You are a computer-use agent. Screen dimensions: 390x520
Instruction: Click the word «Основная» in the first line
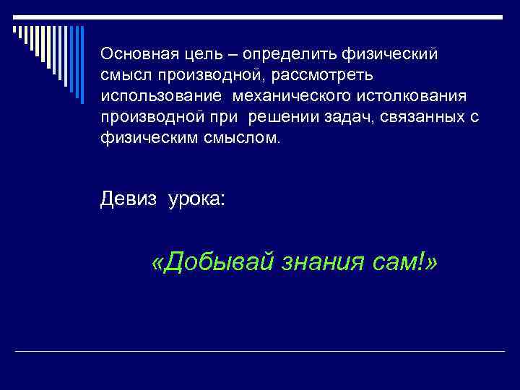pos(133,53)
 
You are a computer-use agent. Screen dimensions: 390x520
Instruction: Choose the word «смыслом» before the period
pos(235,138)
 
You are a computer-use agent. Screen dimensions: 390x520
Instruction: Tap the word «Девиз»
pos(128,199)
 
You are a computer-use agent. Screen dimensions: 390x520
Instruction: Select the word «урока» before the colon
pos(194,200)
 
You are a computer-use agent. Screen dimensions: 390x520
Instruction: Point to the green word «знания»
pos(325,263)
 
